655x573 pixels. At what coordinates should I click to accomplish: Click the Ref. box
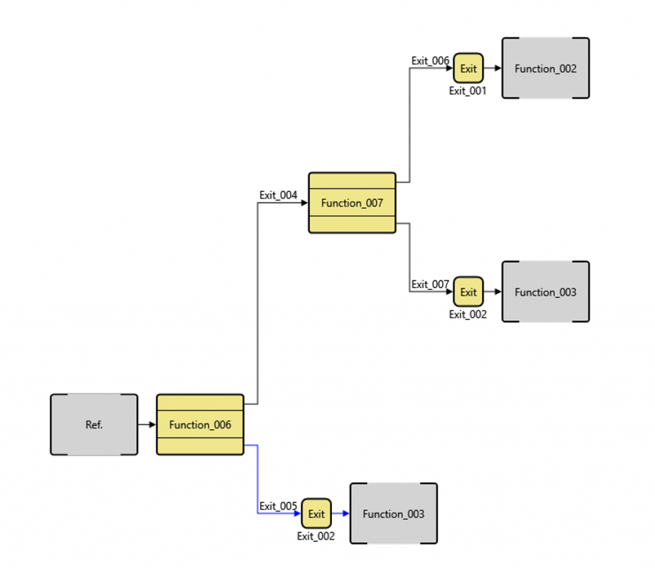coord(94,424)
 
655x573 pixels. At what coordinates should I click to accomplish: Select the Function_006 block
coord(200,424)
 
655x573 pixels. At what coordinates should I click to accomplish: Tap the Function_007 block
coord(352,203)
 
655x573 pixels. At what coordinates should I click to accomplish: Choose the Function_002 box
coord(546,69)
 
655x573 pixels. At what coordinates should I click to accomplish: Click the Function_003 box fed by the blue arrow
coord(393,513)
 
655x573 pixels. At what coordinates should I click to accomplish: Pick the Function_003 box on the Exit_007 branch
coord(546,292)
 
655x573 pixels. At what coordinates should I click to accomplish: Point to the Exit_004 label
coord(278,195)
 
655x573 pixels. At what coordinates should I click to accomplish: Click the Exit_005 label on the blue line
coord(278,506)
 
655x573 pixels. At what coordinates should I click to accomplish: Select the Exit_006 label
coord(430,61)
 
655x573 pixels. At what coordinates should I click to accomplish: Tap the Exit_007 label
coord(430,284)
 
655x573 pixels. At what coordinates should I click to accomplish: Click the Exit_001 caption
coord(468,91)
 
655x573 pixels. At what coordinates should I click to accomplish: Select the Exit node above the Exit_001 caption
coord(468,69)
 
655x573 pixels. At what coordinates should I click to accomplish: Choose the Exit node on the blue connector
coord(317,513)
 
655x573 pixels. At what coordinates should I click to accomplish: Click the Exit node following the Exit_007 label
coord(468,292)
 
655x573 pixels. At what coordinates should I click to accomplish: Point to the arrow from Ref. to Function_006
coord(147,424)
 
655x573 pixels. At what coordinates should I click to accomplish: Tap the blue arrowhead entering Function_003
coord(345,513)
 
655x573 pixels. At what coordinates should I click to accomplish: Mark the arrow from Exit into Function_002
coord(493,69)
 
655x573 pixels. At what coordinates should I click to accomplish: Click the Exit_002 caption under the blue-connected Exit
coord(315,537)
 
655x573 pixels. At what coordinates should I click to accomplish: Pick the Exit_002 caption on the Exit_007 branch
coord(468,314)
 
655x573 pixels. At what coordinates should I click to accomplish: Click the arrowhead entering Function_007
coord(304,203)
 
